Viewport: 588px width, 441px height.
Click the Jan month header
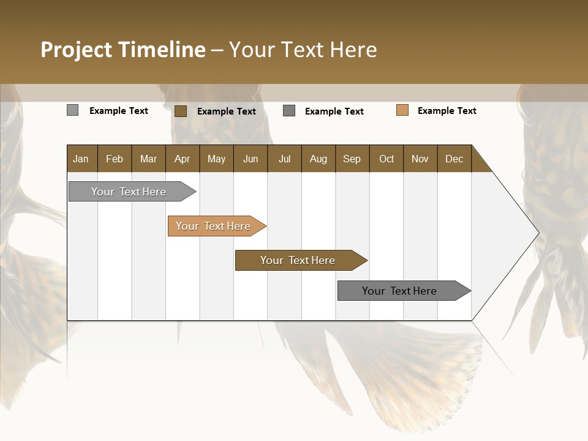coord(81,159)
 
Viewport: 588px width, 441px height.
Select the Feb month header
coord(115,159)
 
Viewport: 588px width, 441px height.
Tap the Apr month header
coord(182,159)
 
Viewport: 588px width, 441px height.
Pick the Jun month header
coord(251,159)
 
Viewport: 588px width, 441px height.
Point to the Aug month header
coord(318,159)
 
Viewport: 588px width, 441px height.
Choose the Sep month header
coord(352,159)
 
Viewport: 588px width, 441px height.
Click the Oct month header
coord(386,159)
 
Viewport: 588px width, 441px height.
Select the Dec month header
coord(454,159)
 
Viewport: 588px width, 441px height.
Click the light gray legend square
coord(72,110)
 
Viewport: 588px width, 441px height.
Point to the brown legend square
coord(181,111)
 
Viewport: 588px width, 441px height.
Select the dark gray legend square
coord(289,111)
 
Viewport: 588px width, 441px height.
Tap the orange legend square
coord(402,110)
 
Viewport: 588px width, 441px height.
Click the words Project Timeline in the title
coord(123,50)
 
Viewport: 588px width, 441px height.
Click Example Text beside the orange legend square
coord(447,111)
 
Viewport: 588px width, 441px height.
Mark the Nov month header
coord(420,159)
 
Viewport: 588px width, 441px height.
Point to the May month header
coord(216,159)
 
